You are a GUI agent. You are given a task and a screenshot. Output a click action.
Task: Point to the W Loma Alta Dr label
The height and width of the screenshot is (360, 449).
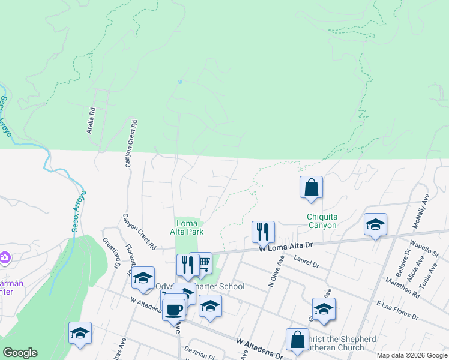pyautogui.click(x=286, y=246)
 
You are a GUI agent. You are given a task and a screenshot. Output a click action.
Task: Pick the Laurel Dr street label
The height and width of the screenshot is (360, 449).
pyautogui.click(x=307, y=259)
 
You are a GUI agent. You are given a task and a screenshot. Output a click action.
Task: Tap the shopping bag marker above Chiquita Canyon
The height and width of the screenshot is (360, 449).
pyautogui.click(x=312, y=187)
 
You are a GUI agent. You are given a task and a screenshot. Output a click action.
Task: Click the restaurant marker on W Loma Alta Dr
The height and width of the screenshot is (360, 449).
pyautogui.click(x=263, y=231)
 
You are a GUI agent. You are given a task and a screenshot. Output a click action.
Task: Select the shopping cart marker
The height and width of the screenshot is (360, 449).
pyautogui.click(x=203, y=262)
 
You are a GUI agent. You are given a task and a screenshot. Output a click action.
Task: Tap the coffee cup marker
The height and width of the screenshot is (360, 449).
pyautogui.click(x=174, y=310)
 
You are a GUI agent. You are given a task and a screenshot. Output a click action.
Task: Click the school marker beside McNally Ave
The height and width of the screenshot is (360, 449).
pyautogui.click(x=375, y=225)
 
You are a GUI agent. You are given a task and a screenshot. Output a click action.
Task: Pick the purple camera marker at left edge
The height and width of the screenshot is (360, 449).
pyautogui.click(x=4, y=257)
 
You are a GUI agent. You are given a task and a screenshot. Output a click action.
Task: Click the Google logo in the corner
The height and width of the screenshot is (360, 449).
pyautogui.click(x=20, y=353)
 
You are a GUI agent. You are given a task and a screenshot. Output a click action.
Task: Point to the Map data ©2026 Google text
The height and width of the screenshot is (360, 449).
pyautogui.click(x=412, y=355)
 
